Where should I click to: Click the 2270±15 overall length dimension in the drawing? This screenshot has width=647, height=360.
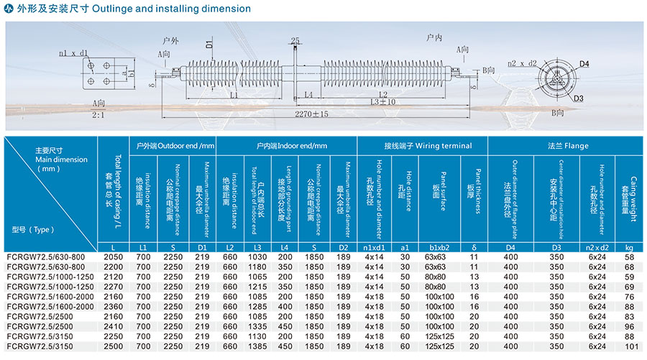click(311, 114)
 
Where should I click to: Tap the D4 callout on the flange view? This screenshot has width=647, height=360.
click(584, 65)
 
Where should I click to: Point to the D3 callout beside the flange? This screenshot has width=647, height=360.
click(578, 98)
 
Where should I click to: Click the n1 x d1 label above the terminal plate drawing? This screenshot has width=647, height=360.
click(73, 53)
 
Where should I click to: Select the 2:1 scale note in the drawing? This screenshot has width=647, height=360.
click(99, 115)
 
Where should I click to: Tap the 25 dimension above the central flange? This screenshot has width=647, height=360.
click(295, 41)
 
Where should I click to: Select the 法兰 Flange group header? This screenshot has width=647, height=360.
click(566, 146)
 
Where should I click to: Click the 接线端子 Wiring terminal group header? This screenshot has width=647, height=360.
click(423, 146)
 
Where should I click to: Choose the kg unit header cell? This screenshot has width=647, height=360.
click(630, 247)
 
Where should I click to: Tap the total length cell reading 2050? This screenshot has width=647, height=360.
click(114, 257)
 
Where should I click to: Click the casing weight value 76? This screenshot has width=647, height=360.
click(630, 296)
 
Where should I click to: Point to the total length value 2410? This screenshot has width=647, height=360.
click(114, 326)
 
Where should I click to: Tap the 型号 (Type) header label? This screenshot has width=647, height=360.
click(33, 230)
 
